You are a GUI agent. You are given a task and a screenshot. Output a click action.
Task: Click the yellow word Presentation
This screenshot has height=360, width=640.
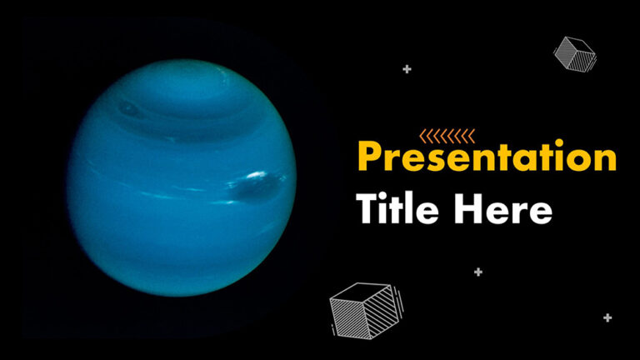pos(487,157)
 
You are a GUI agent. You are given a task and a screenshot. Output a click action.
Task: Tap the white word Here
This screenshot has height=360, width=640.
pos(502,209)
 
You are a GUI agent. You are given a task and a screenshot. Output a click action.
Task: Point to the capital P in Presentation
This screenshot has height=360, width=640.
pos(369,156)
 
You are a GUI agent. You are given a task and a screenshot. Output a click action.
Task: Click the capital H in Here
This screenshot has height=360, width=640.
pos(468,209)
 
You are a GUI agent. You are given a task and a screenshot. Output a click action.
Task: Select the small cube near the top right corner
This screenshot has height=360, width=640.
pos(574,52)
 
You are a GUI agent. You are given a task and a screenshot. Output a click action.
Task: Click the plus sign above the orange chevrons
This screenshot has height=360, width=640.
pos(407,69)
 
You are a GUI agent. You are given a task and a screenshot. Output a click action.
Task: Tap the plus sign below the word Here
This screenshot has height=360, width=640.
pos(478,272)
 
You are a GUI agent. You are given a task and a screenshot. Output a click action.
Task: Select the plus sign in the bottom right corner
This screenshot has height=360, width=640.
pos(607,317)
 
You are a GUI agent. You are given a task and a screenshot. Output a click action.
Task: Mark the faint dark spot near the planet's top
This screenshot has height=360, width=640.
pos(127,107)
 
